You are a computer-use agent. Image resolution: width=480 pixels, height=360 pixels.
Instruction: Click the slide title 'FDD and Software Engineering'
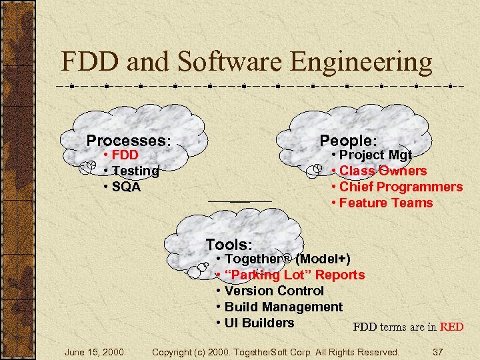pos(247,62)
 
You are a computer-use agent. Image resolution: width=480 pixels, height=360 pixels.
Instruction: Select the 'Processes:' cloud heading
pos(129,141)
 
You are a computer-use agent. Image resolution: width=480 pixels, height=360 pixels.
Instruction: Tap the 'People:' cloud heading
pos(348,140)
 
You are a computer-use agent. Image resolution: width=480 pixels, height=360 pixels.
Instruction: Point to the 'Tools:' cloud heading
pos(229,245)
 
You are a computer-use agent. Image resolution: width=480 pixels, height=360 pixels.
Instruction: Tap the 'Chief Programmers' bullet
pos(401,187)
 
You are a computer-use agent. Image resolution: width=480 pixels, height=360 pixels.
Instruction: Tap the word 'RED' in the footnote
pos(451,327)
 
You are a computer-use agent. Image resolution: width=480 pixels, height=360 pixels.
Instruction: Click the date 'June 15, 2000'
pos(93,351)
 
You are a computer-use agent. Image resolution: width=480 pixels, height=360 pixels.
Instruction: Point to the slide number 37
pos(437,351)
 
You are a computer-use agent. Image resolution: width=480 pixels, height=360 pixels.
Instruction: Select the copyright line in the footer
pos(275,351)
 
